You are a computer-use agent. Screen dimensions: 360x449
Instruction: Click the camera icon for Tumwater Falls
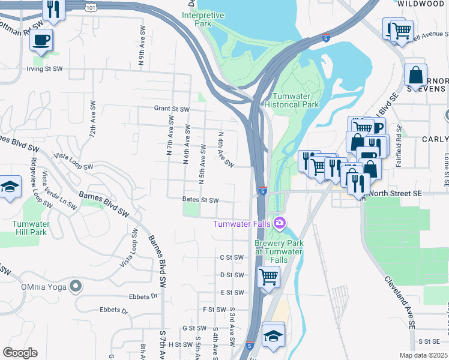tap(280, 223)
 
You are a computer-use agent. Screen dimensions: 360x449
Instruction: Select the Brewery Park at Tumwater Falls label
tap(279, 247)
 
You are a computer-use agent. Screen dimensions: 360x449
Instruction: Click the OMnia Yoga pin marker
tap(75, 286)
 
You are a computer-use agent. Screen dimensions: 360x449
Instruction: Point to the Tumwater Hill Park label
tap(29, 228)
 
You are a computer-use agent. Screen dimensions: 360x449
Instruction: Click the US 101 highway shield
tap(90, 7)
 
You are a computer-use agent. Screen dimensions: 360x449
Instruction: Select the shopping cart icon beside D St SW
tap(268, 277)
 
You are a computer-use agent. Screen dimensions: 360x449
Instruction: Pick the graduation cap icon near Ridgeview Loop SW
tap(10, 187)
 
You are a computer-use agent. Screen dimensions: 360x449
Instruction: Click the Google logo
tap(20, 353)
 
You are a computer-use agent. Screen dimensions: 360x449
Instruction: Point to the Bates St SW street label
tap(200, 200)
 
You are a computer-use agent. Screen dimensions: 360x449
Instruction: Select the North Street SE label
tap(396, 193)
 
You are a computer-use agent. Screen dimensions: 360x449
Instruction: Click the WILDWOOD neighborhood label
tap(424, 4)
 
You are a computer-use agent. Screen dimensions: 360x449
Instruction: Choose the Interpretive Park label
tap(202, 19)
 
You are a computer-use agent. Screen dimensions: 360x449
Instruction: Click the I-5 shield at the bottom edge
tap(250, 346)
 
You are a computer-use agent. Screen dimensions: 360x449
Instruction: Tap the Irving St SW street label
tap(44, 69)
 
